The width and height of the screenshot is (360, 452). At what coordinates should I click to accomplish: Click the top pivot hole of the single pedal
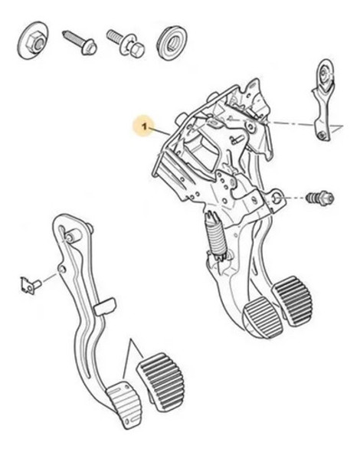click(70, 238)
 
